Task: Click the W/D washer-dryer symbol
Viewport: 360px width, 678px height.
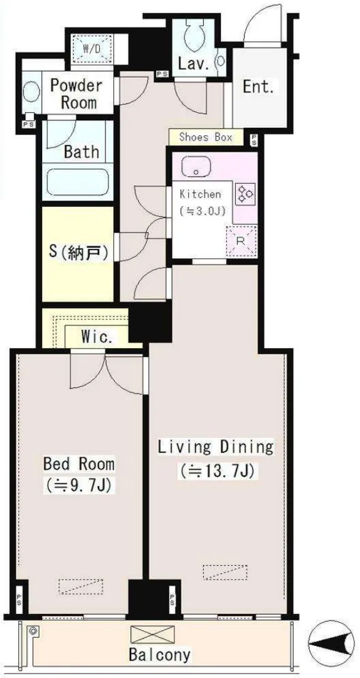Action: point(91,48)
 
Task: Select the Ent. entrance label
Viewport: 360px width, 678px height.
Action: point(258,87)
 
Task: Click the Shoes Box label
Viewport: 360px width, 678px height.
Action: point(205,137)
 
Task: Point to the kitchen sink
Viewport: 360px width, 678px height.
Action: point(196,166)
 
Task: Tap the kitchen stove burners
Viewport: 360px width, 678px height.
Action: point(245,194)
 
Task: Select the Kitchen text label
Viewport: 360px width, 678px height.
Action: point(200,194)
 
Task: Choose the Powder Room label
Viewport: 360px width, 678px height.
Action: point(76,94)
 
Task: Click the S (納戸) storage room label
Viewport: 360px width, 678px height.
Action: point(78,253)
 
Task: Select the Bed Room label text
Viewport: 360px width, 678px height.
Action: point(78,464)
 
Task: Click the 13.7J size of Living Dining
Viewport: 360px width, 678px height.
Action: point(220,470)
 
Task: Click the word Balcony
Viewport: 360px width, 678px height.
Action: point(159,655)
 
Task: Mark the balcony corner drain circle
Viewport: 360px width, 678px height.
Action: point(33,631)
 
